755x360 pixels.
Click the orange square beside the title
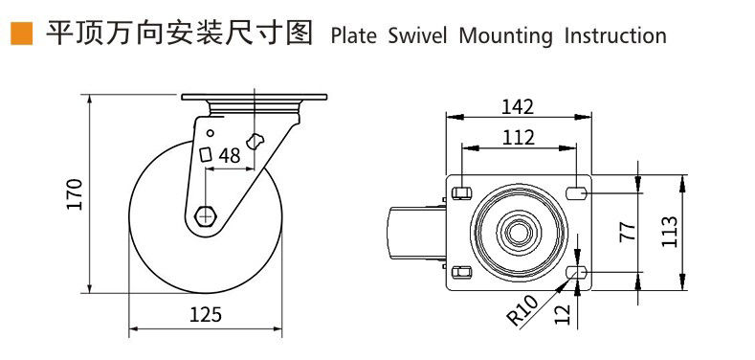click(21, 34)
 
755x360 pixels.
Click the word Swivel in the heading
click(417, 35)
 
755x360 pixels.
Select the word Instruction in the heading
click(615, 35)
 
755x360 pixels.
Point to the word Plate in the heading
click(354, 35)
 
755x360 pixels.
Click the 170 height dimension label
click(76, 193)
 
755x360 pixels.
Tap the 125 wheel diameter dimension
click(206, 314)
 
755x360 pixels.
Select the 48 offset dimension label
click(230, 155)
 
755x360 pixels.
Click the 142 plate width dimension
click(518, 106)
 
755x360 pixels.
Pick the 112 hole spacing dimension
click(519, 138)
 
